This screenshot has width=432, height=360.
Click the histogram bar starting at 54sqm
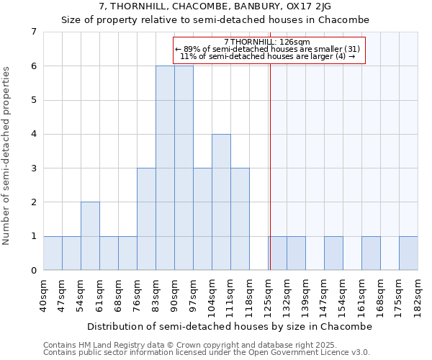click(x=90, y=236)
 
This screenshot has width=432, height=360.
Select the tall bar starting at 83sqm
click(x=165, y=168)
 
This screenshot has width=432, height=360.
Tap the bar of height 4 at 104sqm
click(x=221, y=202)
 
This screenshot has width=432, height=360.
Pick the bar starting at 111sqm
click(x=240, y=219)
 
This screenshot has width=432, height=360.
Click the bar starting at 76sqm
click(x=146, y=219)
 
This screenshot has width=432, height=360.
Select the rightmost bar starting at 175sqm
click(x=408, y=253)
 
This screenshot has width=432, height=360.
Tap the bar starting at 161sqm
click(x=371, y=253)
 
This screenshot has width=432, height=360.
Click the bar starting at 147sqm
click(x=333, y=253)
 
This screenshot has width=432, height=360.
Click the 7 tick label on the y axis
click(x=33, y=32)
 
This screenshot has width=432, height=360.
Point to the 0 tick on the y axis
click(x=33, y=271)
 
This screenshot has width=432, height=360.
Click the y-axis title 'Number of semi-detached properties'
click(x=7, y=156)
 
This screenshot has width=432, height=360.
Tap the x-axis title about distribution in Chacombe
click(x=230, y=326)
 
